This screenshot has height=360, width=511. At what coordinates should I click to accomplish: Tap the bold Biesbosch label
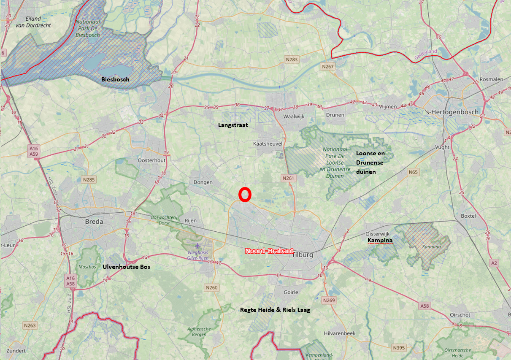point(115,79)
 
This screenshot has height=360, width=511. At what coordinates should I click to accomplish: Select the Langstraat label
point(233,125)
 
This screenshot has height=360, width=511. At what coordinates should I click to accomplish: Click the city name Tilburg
point(302,255)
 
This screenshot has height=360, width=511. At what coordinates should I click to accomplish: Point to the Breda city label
point(94,221)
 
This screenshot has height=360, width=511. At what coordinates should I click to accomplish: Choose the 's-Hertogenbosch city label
point(452,112)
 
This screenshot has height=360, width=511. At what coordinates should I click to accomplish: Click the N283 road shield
point(291,60)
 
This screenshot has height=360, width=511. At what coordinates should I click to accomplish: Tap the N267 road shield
point(327,67)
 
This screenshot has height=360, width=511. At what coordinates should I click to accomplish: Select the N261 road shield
point(289,179)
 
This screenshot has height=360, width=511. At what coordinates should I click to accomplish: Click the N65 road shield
point(413,172)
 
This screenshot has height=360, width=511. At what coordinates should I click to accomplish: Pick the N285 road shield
point(89,180)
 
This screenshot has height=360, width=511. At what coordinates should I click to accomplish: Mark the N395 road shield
point(398,348)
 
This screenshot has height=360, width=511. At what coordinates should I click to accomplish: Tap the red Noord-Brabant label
point(269,251)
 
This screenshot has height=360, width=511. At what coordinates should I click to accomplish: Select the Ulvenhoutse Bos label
point(126,267)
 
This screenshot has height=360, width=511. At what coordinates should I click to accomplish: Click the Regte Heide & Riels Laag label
point(275,310)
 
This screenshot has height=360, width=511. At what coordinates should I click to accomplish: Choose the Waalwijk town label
point(294,116)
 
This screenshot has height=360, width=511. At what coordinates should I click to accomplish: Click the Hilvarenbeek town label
point(340,333)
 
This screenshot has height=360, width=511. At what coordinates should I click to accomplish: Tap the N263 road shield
point(30,325)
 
